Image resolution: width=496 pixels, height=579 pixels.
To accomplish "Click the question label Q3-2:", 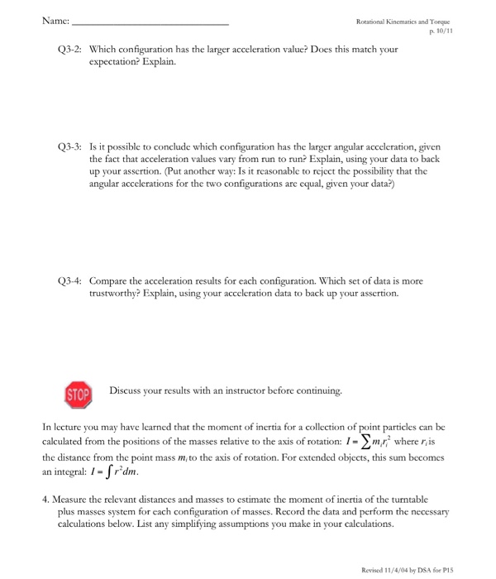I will (x=69, y=50).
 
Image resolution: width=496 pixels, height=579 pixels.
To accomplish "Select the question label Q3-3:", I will (x=69, y=141).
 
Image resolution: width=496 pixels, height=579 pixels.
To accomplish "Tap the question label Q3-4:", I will (x=69, y=280).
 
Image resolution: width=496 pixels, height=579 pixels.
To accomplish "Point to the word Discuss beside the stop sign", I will (x=116, y=390).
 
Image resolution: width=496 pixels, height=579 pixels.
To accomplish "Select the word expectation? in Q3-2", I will (x=120, y=62).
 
